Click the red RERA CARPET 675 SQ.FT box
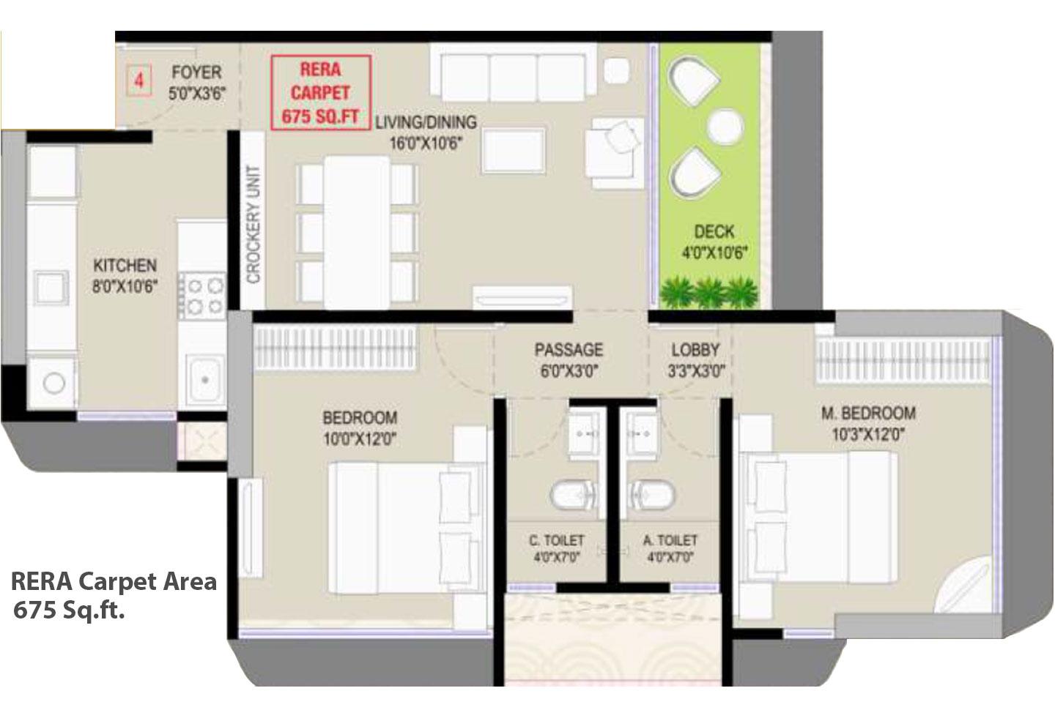tap(321, 93)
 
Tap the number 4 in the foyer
tap(138, 80)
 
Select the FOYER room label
tap(196, 72)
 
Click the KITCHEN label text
tap(125, 265)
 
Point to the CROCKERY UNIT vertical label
tap(253, 224)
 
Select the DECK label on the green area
tap(714, 232)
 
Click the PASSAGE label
tap(569, 350)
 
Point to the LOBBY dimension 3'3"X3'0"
tap(695, 371)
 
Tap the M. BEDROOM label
tap(867, 414)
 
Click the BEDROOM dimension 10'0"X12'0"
tap(360, 439)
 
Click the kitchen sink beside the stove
tap(204, 380)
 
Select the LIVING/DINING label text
tap(426, 122)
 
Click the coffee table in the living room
tap(514, 150)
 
